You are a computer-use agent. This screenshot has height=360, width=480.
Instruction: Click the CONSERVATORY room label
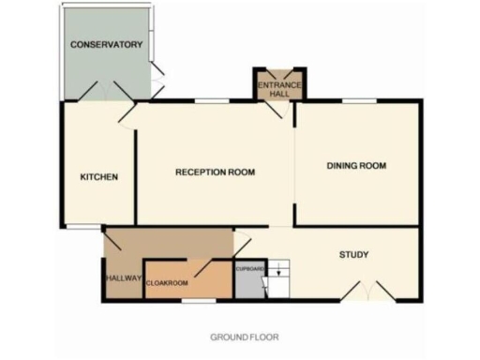click(x=106, y=44)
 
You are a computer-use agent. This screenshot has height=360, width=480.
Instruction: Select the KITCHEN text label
click(x=98, y=177)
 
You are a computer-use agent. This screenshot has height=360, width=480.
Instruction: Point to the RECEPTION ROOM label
click(x=216, y=172)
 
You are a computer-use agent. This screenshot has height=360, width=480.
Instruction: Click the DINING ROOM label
click(x=356, y=166)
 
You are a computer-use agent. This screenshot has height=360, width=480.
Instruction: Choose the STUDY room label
click(x=352, y=254)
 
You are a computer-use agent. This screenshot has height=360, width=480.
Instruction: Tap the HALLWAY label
click(x=122, y=278)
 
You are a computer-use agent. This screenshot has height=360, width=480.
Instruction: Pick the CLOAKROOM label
click(x=168, y=281)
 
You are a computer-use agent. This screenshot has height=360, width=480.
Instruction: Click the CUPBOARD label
click(x=250, y=269)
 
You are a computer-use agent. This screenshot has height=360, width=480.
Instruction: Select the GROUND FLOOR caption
click(x=244, y=336)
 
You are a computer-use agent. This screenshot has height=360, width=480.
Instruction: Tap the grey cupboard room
click(x=250, y=284)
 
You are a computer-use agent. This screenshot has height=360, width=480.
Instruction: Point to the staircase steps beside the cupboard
click(x=281, y=279)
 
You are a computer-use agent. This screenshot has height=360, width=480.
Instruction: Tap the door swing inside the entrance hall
click(x=274, y=108)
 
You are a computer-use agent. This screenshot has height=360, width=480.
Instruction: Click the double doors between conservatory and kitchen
click(x=104, y=92)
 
